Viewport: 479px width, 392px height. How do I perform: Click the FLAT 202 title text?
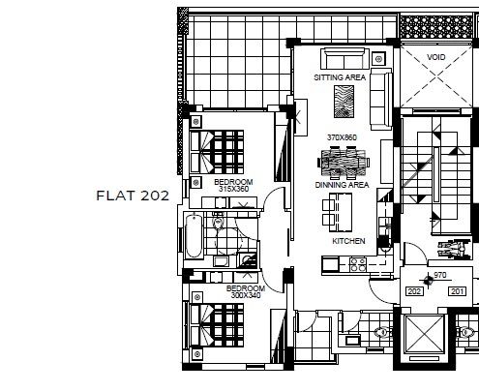[133, 195]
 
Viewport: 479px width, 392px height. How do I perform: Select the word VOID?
[437, 58]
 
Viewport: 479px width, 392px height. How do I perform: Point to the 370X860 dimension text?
[342, 138]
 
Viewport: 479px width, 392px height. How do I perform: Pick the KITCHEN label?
[347, 239]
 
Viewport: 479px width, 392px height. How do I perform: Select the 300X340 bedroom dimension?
[245, 295]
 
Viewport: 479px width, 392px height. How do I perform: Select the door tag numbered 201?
[458, 290]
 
